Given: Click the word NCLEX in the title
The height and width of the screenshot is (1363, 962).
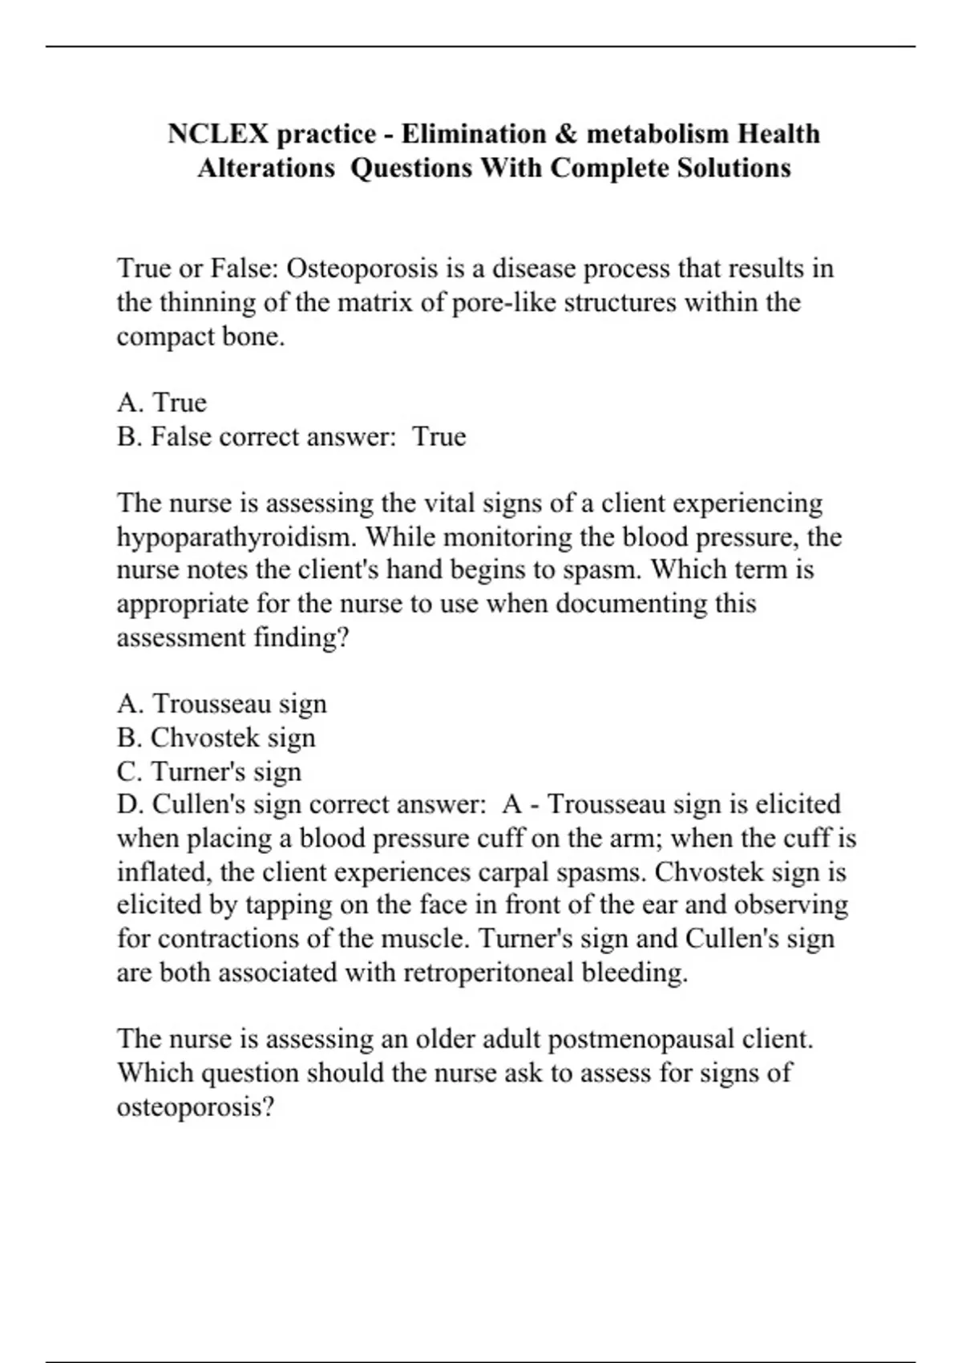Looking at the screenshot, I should (x=219, y=133).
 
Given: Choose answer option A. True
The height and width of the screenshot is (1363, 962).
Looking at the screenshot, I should (x=162, y=402).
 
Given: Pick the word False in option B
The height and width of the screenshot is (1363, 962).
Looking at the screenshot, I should (x=181, y=437).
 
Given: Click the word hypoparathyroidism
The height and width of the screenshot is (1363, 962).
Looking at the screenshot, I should (x=236, y=536).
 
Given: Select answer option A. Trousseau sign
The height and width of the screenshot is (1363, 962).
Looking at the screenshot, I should (x=222, y=704).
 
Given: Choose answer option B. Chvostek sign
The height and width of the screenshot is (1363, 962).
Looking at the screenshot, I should (x=216, y=738).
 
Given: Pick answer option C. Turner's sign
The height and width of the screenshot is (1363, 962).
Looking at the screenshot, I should (x=209, y=771).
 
